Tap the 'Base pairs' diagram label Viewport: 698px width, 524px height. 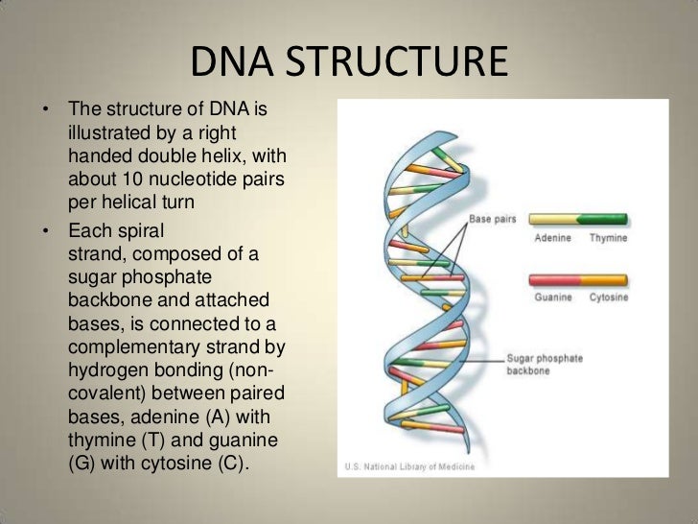492,220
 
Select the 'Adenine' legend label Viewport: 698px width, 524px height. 554,237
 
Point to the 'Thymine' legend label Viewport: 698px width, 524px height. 608,237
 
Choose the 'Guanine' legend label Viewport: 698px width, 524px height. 554,298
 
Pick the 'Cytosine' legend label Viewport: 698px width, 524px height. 608,298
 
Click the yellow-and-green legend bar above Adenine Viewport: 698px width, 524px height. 579,220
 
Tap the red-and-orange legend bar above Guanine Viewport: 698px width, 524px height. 579,280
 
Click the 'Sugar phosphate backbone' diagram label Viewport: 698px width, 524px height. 544,365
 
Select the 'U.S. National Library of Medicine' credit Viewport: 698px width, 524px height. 402,468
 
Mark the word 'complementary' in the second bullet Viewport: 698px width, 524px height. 129,346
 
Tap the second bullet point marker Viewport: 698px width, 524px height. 44,230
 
